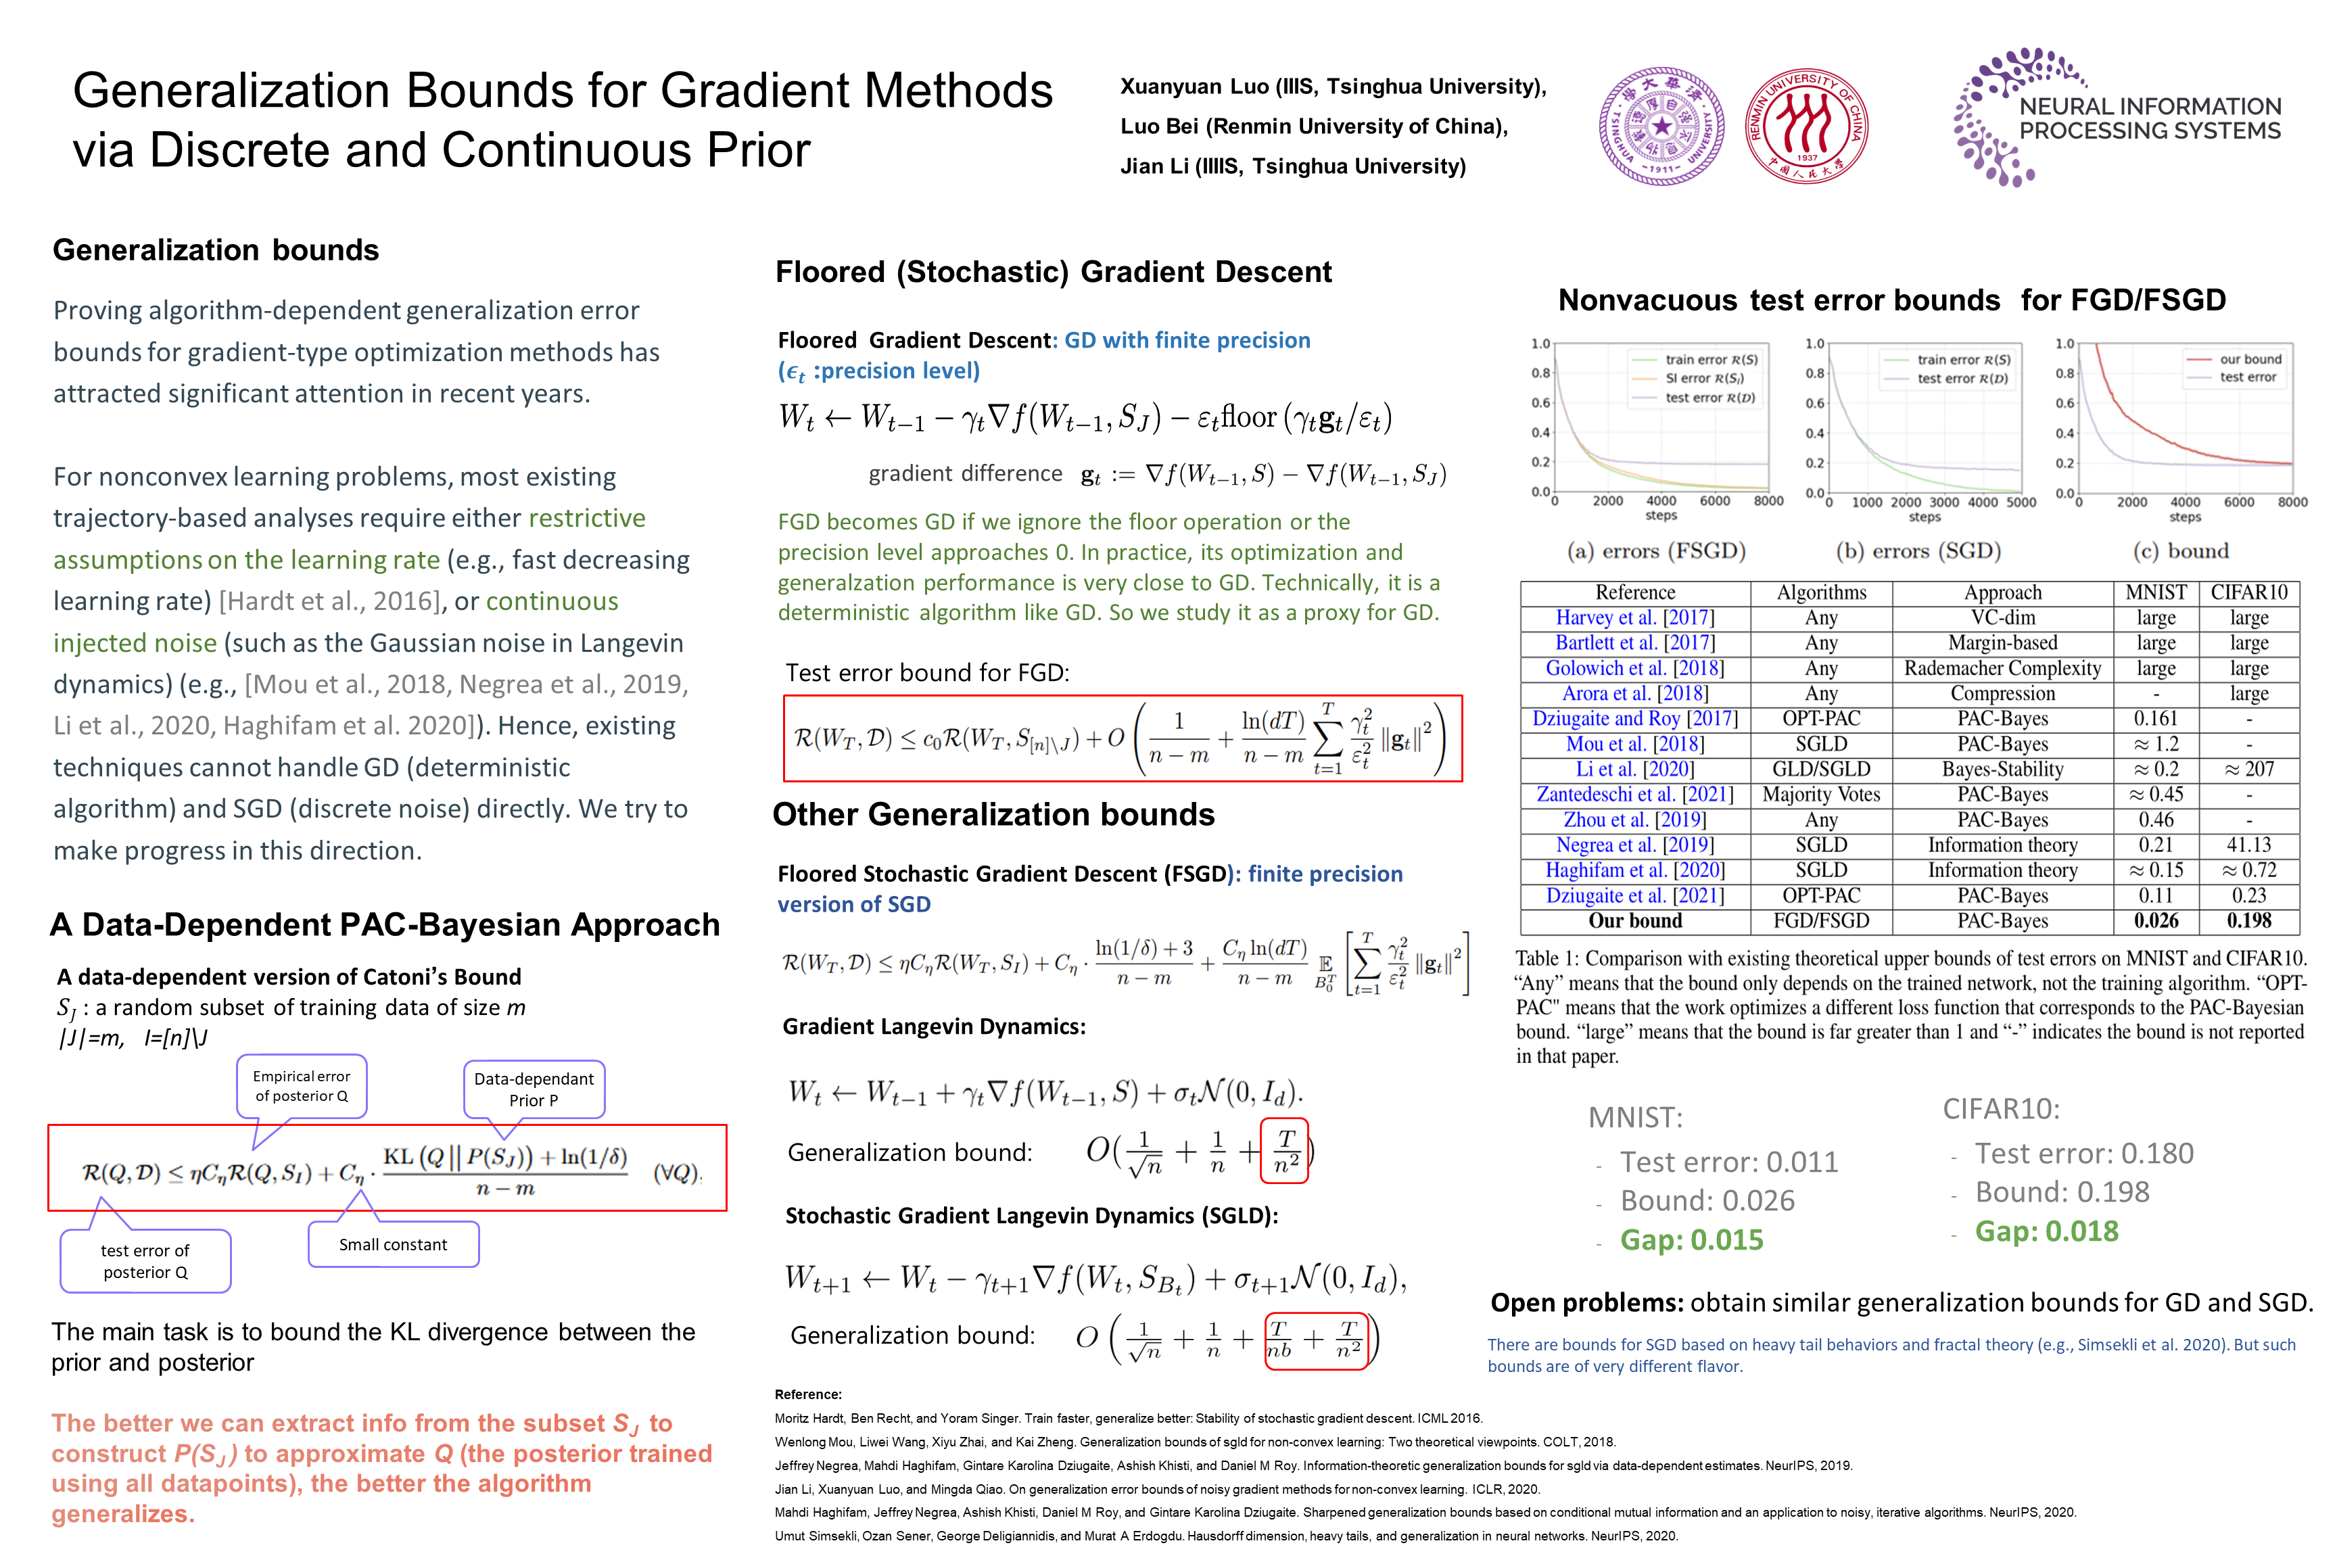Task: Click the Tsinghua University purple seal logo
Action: (1660, 126)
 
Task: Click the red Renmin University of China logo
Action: (1806, 126)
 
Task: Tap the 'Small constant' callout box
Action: (394, 1244)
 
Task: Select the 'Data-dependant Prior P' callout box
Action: (534, 1089)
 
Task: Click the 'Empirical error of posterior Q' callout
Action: (301, 1086)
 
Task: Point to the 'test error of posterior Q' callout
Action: (145, 1261)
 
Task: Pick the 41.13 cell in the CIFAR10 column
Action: (2248, 845)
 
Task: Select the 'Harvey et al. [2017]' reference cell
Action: (1634, 618)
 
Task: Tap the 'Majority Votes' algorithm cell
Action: (1820, 794)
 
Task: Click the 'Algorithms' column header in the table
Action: (1820, 593)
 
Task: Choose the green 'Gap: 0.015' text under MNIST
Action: (1691, 1240)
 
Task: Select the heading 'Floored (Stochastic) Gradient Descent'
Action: (1054, 273)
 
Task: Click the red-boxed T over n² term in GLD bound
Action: (1285, 1152)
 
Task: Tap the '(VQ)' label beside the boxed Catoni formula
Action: (677, 1173)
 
